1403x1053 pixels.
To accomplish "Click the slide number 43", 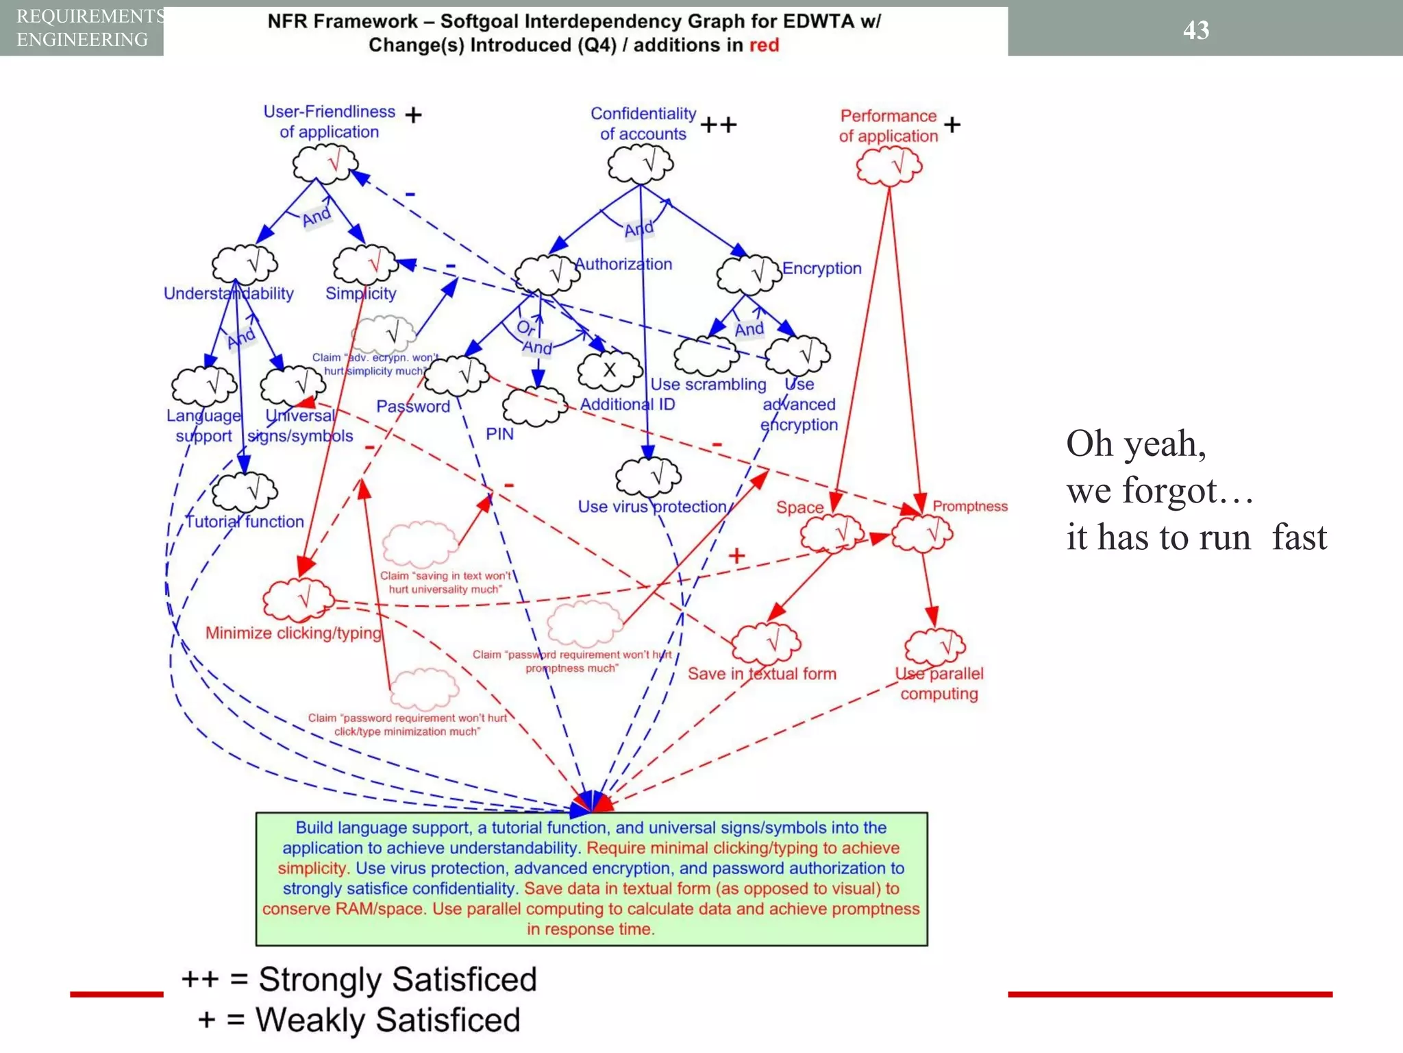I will [x=1195, y=30].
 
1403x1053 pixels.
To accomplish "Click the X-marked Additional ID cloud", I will [x=609, y=371].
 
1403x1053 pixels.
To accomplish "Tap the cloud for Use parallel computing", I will [x=935, y=646].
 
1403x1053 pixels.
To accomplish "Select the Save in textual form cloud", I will [x=766, y=643].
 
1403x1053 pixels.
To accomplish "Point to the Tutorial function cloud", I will [x=245, y=492].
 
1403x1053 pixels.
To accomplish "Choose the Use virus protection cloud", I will [x=648, y=476].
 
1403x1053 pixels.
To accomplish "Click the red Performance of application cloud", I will [x=889, y=167].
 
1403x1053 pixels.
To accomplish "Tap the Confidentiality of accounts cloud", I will [x=641, y=165].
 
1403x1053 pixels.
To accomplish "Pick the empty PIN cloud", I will [x=534, y=406].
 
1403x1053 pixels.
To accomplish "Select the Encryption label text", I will [x=821, y=268].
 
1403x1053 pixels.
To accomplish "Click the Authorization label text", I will [x=623, y=264].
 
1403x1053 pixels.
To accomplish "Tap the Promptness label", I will [x=969, y=506].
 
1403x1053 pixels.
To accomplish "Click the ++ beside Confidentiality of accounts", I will [x=718, y=125].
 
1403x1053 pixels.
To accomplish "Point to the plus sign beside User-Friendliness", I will [x=413, y=114].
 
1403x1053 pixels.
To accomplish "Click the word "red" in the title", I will [x=764, y=45].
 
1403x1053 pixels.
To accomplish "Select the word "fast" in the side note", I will [x=1299, y=537].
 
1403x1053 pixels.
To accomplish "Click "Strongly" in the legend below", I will [x=319, y=979].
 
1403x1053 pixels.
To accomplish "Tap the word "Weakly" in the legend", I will [x=310, y=1019].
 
